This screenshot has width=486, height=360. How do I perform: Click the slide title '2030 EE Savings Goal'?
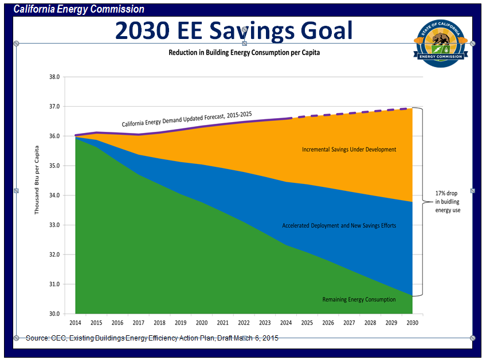(x=233, y=30)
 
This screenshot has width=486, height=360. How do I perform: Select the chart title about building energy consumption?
(x=244, y=52)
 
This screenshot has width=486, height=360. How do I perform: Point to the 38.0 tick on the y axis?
(x=54, y=77)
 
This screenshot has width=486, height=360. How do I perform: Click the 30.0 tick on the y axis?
(x=54, y=314)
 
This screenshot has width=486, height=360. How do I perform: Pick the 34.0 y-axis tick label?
(x=54, y=195)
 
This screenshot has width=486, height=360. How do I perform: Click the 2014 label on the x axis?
(x=75, y=323)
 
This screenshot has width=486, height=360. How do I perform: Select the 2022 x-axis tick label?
(x=244, y=323)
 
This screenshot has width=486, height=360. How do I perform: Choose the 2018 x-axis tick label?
(x=159, y=323)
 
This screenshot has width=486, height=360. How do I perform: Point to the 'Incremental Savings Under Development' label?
(x=349, y=150)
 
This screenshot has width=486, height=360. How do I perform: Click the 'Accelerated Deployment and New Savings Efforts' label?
(x=339, y=226)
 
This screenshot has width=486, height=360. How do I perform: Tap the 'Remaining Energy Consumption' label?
(x=359, y=299)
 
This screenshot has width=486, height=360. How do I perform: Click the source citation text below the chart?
(x=152, y=338)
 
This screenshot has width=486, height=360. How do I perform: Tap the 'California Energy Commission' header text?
(x=79, y=10)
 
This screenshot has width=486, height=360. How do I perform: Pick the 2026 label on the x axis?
(x=328, y=323)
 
